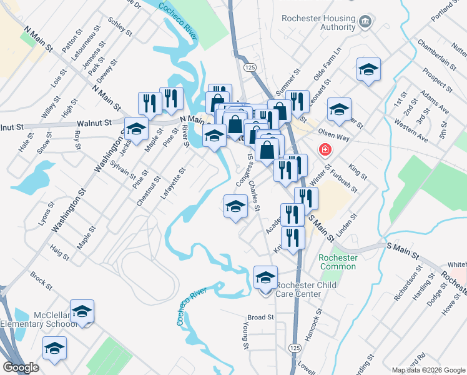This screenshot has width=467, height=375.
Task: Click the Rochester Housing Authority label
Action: [x=318, y=23]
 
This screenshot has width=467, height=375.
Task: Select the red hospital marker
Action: [x=325, y=150]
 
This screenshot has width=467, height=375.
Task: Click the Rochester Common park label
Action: [x=338, y=262]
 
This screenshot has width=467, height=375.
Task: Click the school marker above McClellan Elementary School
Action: [x=82, y=311]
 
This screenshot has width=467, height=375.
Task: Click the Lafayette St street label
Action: [x=173, y=182]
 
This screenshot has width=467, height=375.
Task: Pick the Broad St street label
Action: [x=261, y=317]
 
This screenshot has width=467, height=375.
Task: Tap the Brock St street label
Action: [x=41, y=281]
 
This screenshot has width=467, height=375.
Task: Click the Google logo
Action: [x=21, y=367]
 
